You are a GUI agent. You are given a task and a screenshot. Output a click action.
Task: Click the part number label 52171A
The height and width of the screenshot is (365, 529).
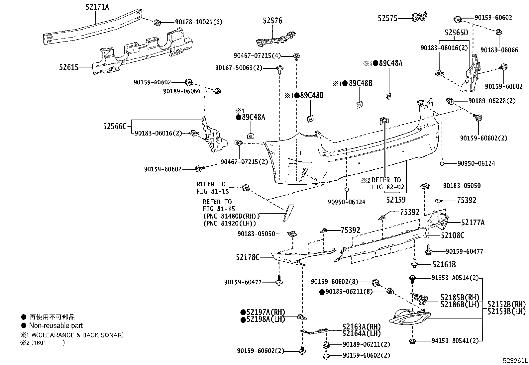pyautogui.click(x=97, y=7)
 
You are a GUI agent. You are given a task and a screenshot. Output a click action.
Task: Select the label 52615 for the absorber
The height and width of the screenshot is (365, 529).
pyautogui.click(x=69, y=67)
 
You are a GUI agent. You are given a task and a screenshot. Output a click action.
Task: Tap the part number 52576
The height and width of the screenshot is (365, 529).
pyautogui.click(x=272, y=21)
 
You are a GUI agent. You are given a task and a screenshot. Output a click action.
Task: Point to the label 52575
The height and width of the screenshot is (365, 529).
pyautogui.click(x=387, y=18)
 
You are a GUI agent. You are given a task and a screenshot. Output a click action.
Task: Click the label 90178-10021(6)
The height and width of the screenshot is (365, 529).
pyautogui.click(x=199, y=22)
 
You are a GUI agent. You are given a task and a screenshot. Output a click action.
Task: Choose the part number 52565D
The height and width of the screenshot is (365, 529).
pyautogui.click(x=456, y=33)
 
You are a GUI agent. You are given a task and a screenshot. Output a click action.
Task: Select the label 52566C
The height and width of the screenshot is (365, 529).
pyautogui.click(x=115, y=127)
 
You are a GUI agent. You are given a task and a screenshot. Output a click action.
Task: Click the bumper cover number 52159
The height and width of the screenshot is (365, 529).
pyautogui.click(x=396, y=200)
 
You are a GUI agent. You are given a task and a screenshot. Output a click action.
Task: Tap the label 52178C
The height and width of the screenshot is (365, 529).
pyautogui.click(x=248, y=257)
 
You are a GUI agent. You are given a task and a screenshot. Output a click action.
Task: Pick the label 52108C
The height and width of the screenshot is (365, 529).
pyautogui.click(x=453, y=235)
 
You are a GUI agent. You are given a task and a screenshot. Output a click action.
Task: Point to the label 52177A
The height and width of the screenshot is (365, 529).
pyautogui.click(x=473, y=223)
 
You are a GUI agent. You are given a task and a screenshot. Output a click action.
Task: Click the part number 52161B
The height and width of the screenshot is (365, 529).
pyautogui.click(x=444, y=264)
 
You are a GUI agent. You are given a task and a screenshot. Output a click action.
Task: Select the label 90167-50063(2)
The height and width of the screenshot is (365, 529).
pyautogui.click(x=239, y=68)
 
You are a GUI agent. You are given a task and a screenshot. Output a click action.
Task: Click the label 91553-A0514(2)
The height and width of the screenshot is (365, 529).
pyautogui.click(x=455, y=278)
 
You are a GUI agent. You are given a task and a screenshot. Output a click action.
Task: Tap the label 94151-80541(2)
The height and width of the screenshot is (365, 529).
pyautogui.click(x=455, y=341)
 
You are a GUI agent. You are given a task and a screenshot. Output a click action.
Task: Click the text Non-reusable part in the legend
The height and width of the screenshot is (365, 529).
pyautogui.click(x=56, y=325)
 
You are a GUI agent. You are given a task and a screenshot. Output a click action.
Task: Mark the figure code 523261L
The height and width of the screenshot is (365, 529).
pyautogui.click(x=515, y=360)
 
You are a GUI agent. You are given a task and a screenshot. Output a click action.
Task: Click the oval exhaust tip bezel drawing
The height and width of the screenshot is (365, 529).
pyautogui.click(x=409, y=317)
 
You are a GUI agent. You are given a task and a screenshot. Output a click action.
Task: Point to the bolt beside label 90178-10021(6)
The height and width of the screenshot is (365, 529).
pyautogui.click(x=157, y=23)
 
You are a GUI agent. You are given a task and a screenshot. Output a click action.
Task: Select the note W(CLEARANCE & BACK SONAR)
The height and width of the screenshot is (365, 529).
pyautogui.click(x=77, y=335)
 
